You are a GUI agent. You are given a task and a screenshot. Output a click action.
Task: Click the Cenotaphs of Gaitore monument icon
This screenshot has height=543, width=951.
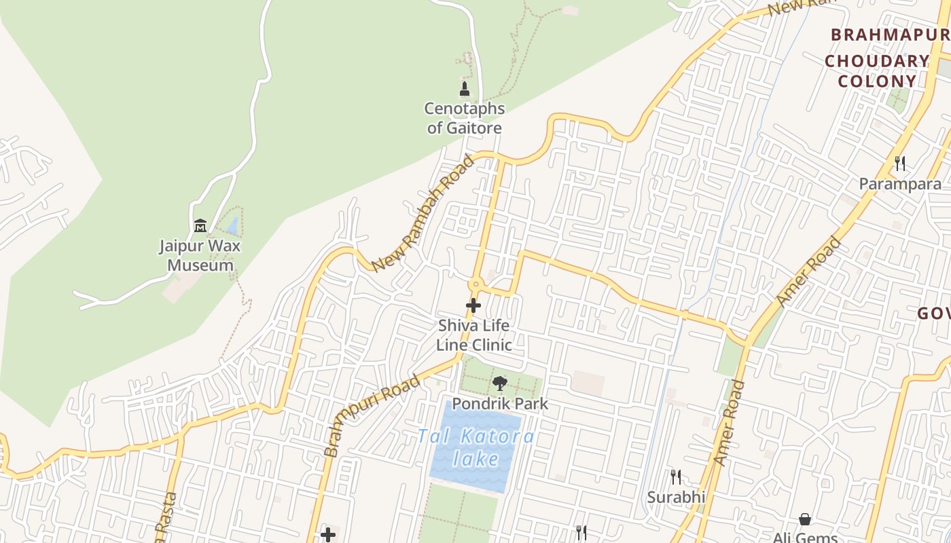click(465, 89)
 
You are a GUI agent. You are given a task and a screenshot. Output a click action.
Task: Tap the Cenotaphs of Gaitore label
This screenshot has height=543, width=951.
click(465, 118)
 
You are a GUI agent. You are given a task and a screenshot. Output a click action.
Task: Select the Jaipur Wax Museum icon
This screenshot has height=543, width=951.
click(200, 225)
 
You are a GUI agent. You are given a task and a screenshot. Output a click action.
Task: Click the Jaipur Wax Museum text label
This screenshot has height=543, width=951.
click(200, 255)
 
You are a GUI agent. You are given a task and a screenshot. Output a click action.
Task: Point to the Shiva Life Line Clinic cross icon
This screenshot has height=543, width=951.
click(473, 306)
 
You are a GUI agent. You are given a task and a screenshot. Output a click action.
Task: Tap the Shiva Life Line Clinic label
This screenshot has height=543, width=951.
click(473, 335)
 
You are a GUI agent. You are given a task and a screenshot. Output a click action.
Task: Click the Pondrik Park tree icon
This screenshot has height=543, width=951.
click(500, 383)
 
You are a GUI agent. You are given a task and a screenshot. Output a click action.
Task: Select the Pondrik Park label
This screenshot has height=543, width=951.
click(500, 404)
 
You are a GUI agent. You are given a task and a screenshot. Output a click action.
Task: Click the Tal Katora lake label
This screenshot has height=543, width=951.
click(475, 447)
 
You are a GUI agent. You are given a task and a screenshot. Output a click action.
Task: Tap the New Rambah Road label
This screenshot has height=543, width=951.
click(423, 214)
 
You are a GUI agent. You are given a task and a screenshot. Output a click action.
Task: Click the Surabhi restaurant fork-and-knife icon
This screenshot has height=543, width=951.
click(675, 477)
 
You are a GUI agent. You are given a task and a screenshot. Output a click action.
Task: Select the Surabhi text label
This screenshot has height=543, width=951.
click(675, 498)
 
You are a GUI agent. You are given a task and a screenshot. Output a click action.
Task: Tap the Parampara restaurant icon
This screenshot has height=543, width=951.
click(900, 163)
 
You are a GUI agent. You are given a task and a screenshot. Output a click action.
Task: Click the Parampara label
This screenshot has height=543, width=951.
click(900, 184)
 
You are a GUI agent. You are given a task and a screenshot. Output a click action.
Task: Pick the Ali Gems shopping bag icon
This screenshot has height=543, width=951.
click(805, 520)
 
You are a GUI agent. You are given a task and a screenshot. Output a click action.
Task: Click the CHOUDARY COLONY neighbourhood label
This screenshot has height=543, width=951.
click(876, 71)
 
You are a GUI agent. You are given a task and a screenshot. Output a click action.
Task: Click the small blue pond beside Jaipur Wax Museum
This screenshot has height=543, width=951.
click(233, 226)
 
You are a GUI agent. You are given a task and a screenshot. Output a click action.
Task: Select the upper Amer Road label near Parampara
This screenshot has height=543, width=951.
click(808, 272)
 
